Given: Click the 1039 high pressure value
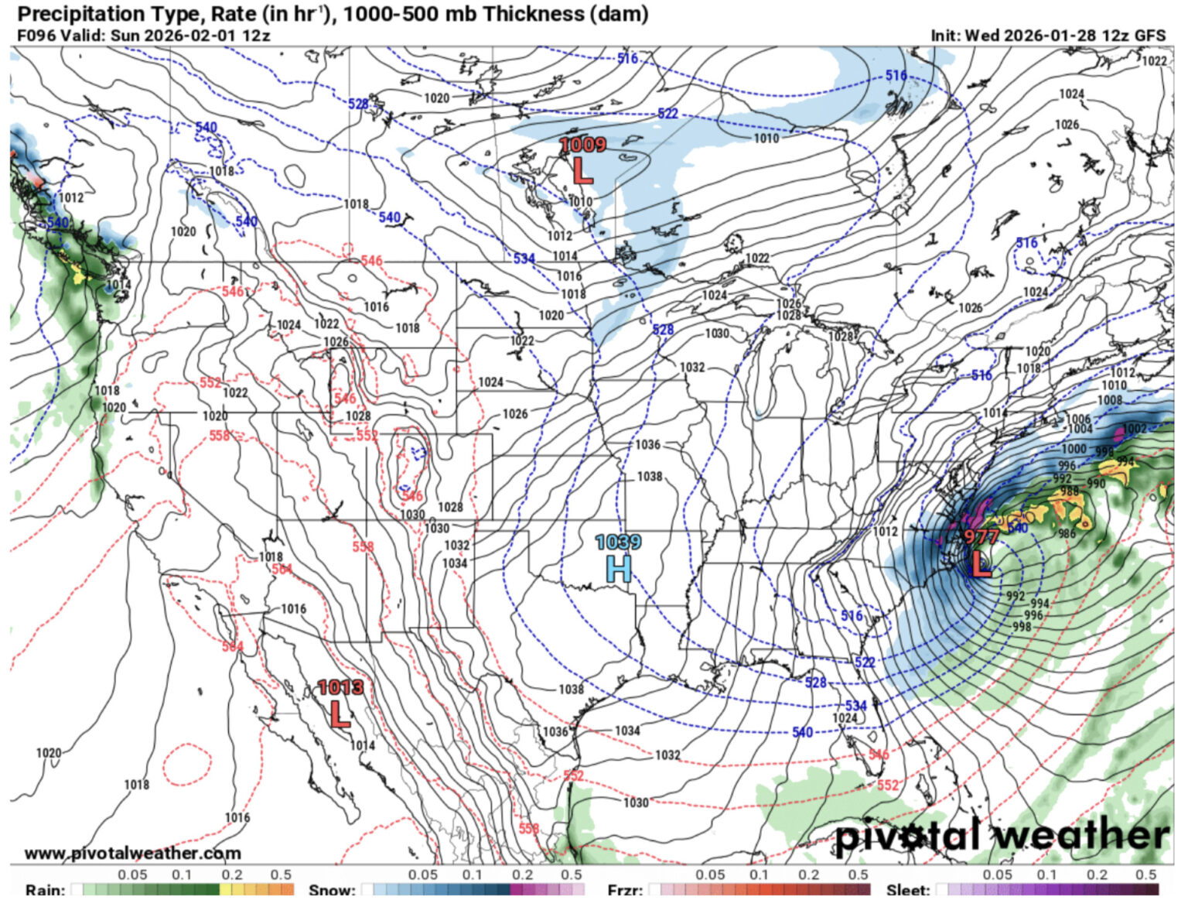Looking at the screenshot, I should pyautogui.click(x=618, y=542).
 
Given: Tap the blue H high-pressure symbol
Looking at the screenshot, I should pyautogui.click(x=619, y=570).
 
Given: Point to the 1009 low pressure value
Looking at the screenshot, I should pyautogui.click(x=582, y=145).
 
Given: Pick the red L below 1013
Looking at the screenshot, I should pyautogui.click(x=340, y=714).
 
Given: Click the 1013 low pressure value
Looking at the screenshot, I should pyautogui.click(x=340, y=687).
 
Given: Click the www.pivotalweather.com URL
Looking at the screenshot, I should pyautogui.click(x=132, y=853).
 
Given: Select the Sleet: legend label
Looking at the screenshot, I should pyautogui.click(x=908, y=891).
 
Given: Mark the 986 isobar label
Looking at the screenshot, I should pyautogui.click(x=1067, y=533).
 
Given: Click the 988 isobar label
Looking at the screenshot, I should pyautogui.click(x=1070, y=491).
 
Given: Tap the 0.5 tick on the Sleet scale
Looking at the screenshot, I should pyautogui.click(x=1145, y=874).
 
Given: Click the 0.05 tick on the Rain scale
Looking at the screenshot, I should pyautogui.click(x=132, y=874).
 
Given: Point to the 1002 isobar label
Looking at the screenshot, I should pyautogui.click(x=1135, y=429).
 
